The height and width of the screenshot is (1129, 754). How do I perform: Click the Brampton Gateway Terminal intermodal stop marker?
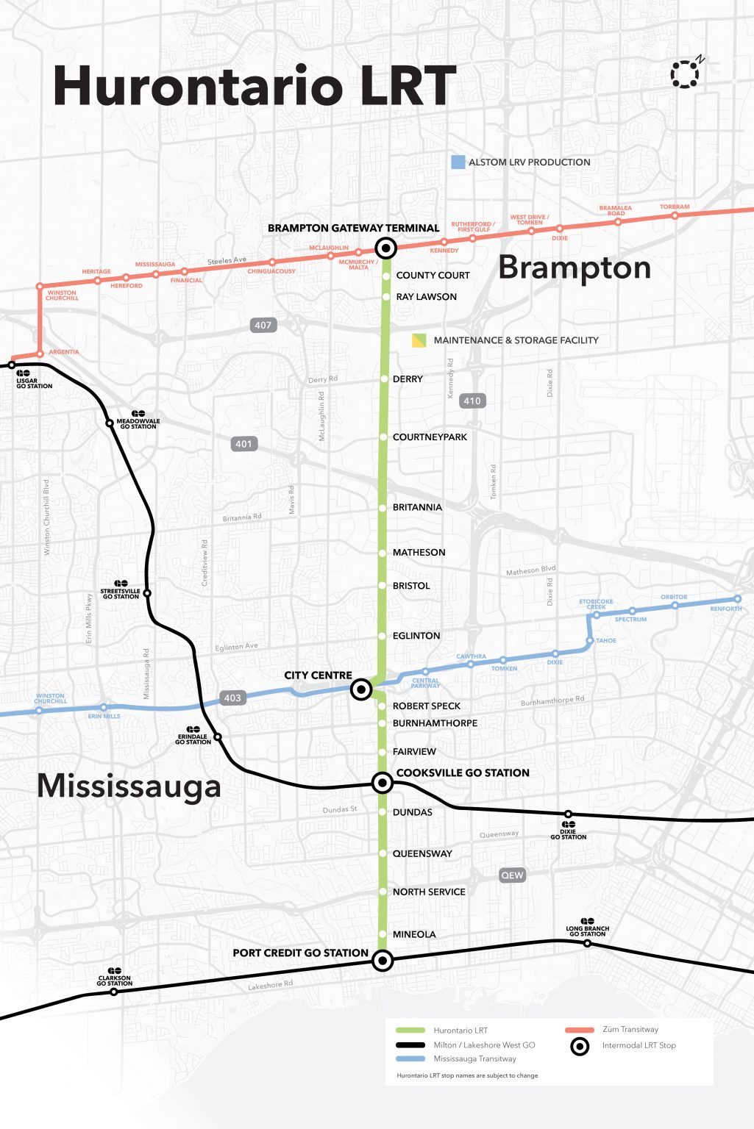pos(385,248)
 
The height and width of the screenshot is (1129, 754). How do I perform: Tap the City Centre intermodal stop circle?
pos(360,689)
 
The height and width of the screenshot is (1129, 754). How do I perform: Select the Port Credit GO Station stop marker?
pos(382,960)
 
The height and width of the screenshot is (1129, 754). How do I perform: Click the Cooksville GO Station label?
pos(462,773)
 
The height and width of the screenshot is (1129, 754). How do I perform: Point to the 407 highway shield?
pos(263,325)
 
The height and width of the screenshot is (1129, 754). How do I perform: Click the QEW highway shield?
pos(512,875)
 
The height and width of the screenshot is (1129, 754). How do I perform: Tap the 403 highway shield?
pos(232,698)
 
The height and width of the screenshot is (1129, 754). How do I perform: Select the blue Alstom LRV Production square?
pos(458,162)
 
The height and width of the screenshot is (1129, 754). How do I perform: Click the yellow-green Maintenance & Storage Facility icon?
pos(419,340)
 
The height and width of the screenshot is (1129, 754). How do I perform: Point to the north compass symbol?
pos(685,74)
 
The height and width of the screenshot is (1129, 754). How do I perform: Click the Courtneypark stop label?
pos(430,437)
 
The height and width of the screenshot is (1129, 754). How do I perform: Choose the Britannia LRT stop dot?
pos(383,508)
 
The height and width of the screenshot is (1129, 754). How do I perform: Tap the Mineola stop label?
pos(414,934)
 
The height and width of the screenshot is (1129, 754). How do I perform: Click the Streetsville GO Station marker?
pos(147,593)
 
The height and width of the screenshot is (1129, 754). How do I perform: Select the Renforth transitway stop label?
pos(725,609)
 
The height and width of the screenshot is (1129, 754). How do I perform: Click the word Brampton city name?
pos(575,268)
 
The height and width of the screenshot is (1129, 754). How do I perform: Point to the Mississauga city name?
pos(129,786)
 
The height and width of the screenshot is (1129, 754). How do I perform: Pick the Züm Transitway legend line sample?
pos(579,1030)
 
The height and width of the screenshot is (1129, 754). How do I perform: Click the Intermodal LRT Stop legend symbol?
pos(580,1046)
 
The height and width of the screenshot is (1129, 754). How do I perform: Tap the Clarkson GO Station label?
pos(114,981)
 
